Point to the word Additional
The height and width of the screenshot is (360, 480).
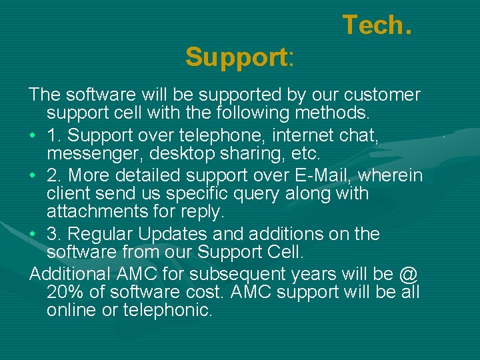coord(71,274)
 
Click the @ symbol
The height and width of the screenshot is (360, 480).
coord(408,274)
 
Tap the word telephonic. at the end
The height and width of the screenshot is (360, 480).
coord(169,309)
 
